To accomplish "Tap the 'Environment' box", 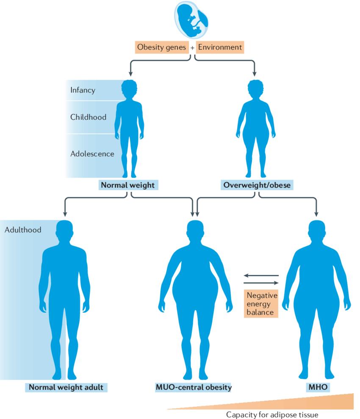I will coord(220,47).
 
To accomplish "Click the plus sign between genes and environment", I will coord(192,48).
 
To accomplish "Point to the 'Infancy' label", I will coord(83,90).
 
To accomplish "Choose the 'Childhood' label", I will coord(88,117).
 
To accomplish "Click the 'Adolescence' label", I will coord(92,153).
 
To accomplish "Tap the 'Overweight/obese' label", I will coord(257,185).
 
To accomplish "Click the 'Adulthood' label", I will coord(23,230).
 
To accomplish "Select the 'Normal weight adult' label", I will coord(66,387).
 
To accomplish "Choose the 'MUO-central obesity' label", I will coord(194,387).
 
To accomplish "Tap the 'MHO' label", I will coord(317,387).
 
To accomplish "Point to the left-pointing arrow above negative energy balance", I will coord(261,275).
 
